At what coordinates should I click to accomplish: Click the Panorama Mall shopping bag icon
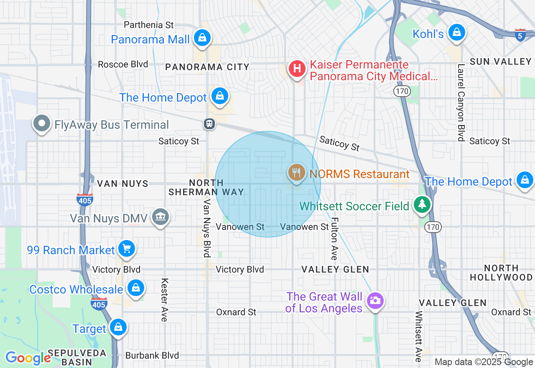(202, 38)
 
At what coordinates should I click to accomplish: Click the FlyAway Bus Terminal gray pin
(42, 123)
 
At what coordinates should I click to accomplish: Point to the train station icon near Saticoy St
(209, 124)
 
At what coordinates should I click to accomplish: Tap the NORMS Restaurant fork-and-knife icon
(297, 173)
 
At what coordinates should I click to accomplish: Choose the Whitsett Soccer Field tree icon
(423, 204)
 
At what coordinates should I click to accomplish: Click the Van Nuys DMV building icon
(160, 217)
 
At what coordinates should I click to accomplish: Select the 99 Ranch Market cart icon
(126, 249)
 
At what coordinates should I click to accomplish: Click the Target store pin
(118, 327)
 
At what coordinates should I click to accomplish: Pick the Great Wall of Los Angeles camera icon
(375, 301)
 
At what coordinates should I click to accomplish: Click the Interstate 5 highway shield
(520, 35)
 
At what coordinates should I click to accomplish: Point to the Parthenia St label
(149, 25)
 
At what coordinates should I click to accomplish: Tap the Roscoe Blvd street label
(123, 64)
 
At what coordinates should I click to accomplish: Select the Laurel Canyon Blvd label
(461, 102)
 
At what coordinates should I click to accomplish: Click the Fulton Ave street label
(334, 238)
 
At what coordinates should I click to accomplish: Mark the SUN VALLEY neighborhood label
(500, 62)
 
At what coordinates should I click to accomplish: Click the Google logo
(28, 358)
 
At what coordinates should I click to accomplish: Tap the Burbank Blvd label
(152, 355)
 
